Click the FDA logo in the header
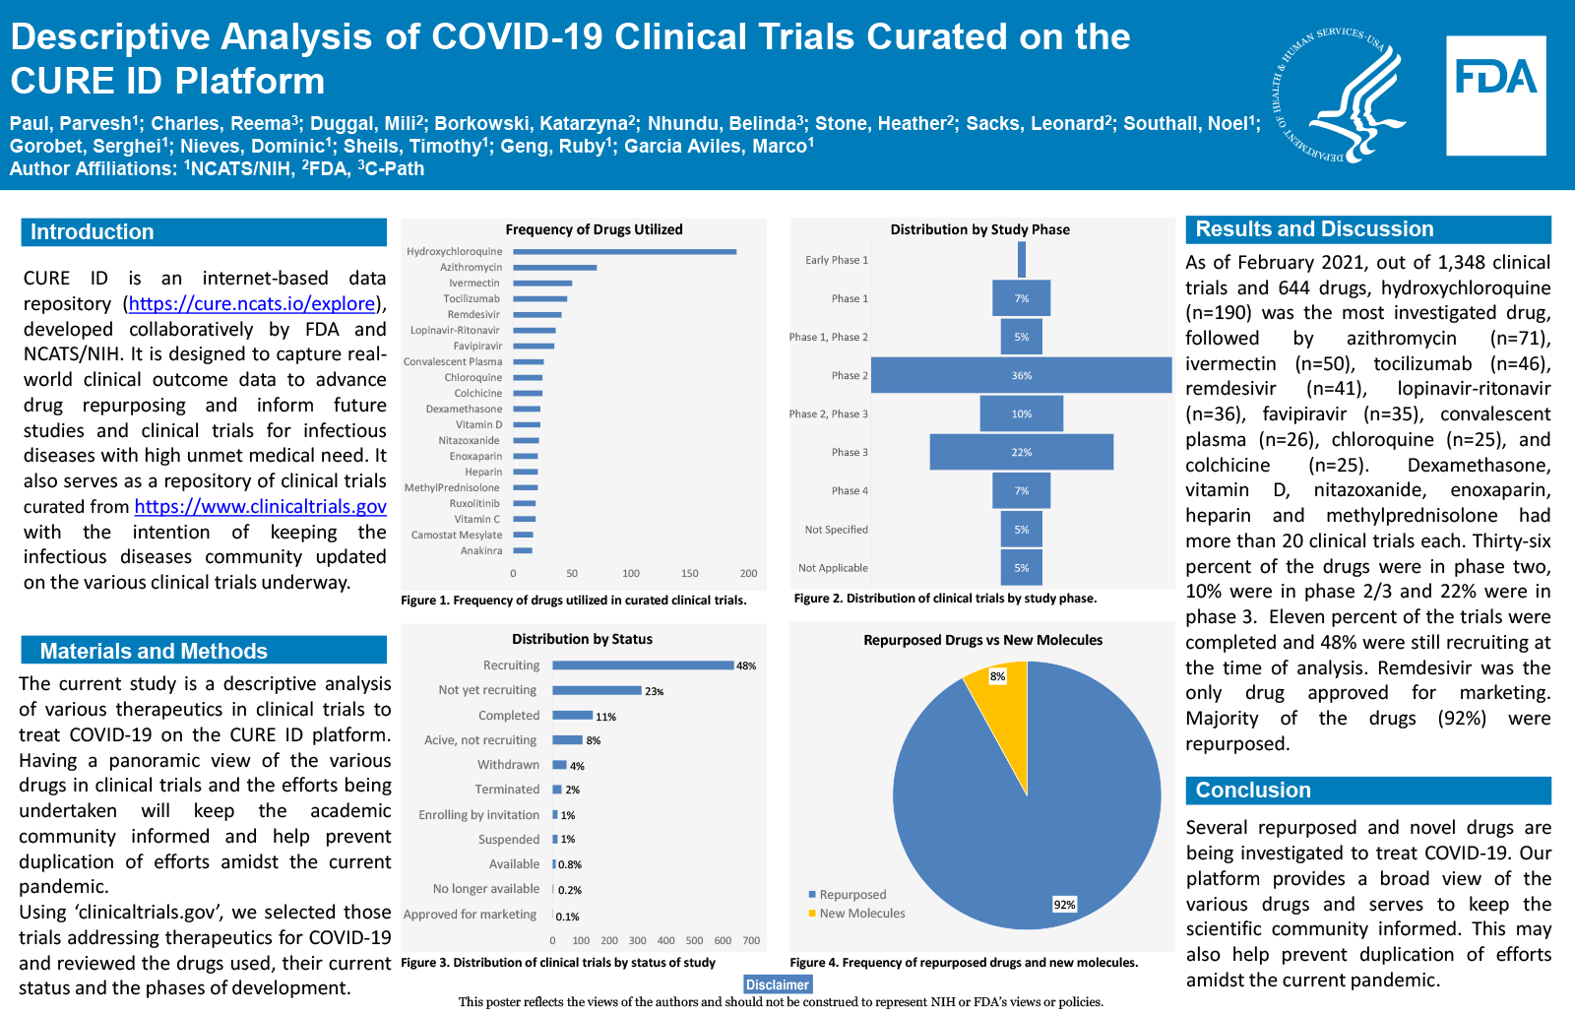pos(1495,95)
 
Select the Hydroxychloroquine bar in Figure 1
pos(624,252)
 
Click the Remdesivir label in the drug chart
pos(473,315)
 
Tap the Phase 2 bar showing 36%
pos(1021,375)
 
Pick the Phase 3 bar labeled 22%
pos(1021,452)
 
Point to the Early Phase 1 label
pos(836,260)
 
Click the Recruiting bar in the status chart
pos(642,665)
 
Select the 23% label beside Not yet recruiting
pos(654,691)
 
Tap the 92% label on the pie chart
pos(1064,905)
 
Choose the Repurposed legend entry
pos(851,895)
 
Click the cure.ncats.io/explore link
pos(251,304)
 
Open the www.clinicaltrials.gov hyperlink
pos(260,507)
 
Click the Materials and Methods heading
pos(154,652)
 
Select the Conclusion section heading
pos(1252,791)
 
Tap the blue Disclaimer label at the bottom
pos(777,984)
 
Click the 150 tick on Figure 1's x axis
pos(689,573)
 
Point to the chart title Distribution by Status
pos(582,639)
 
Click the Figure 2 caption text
pos(945,599)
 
